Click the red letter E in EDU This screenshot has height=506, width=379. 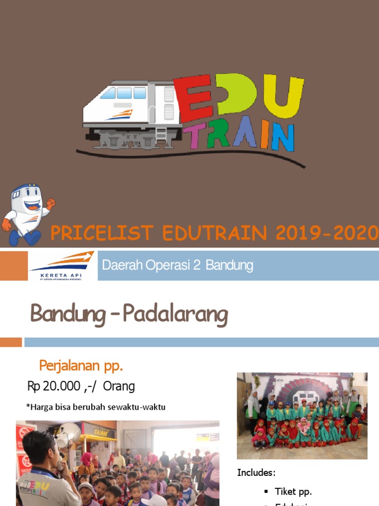click(x=195, y=99)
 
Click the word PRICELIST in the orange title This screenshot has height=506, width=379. click(x=99, y=233)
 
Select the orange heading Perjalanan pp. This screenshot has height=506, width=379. click(x=81, y=367)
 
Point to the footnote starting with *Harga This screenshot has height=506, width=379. click(x=96, y=407)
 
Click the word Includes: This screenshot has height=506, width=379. click(x=256, y=472)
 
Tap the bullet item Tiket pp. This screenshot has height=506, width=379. click(x=294, y=491)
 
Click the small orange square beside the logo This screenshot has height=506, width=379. click(x=14, y=265)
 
